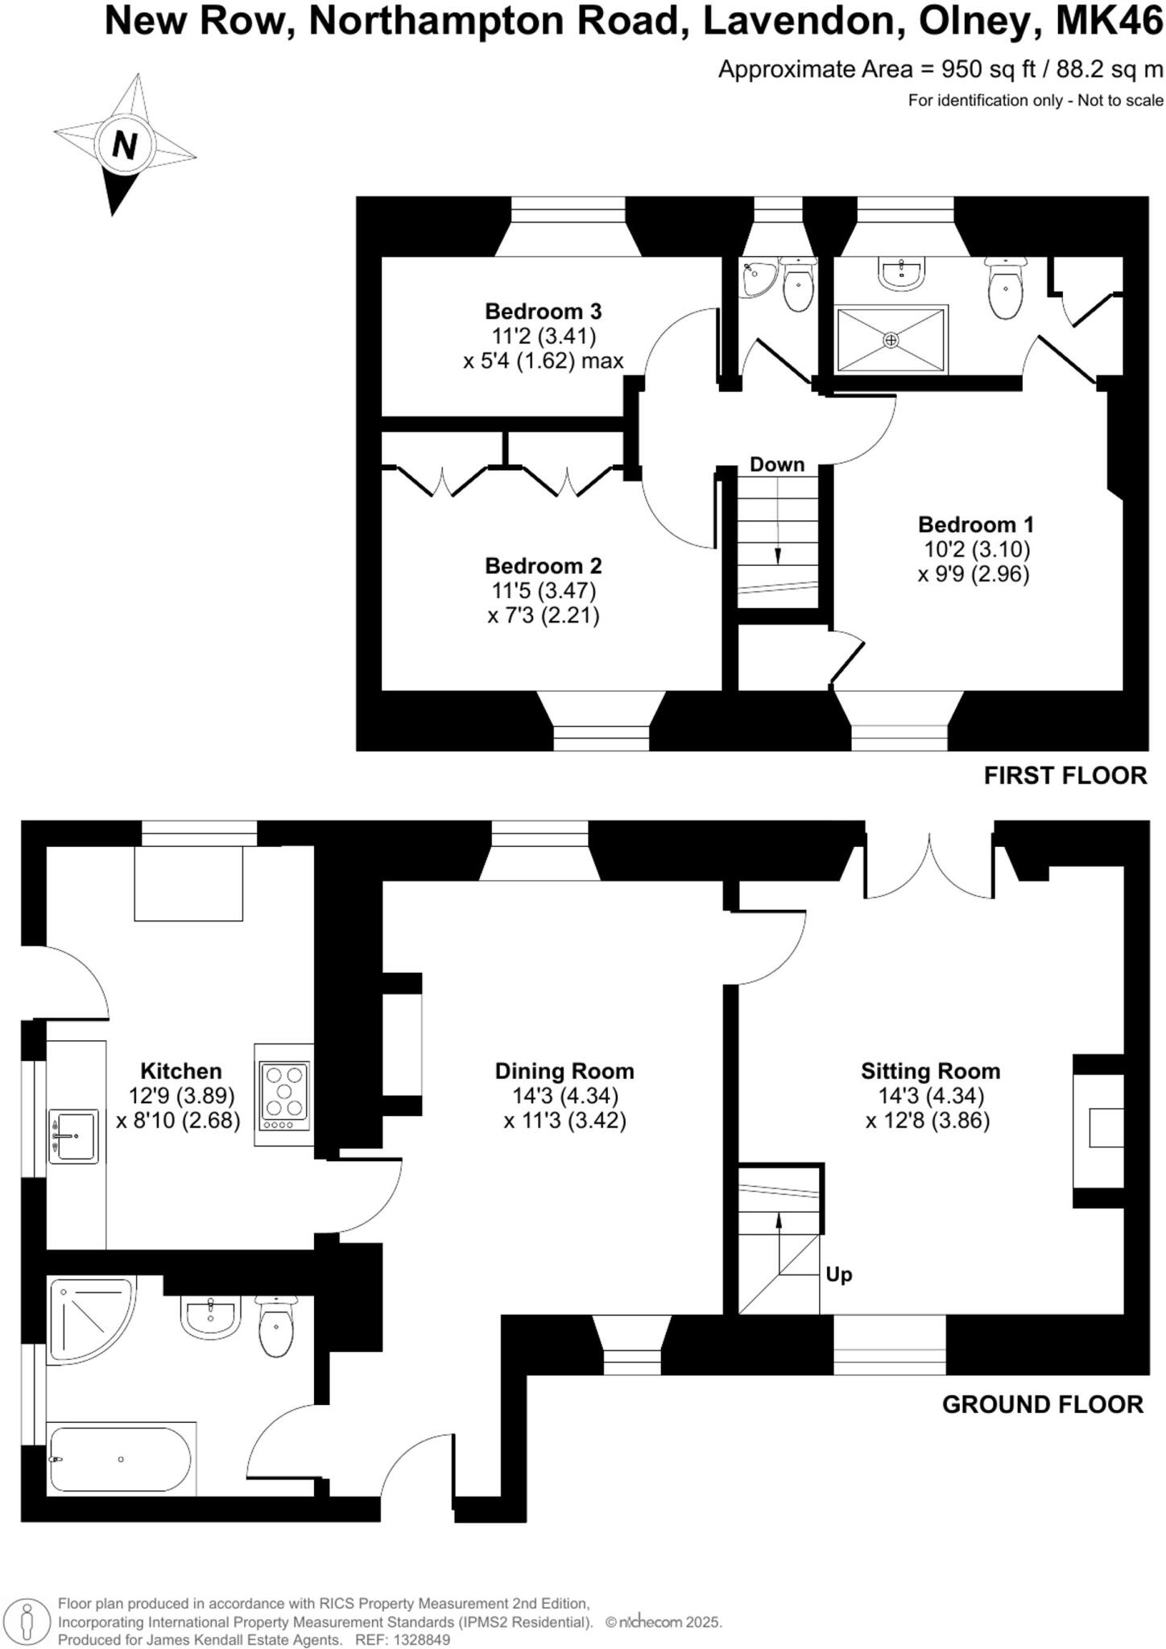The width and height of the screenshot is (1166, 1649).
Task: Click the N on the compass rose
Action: click(124, 146)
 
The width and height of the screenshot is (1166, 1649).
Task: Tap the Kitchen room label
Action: click(180, 1071)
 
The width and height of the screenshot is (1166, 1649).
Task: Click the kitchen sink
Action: click(74, 1136)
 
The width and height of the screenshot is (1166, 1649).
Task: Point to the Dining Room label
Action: click(564, 1071)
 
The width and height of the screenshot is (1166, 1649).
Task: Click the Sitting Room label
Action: click(930, 1071)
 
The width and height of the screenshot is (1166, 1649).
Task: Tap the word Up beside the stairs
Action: click(838, 1275)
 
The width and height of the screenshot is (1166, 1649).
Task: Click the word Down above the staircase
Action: click(777, 465)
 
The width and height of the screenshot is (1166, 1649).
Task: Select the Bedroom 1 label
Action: click(975, 525)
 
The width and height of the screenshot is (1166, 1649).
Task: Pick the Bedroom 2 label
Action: click(544, 566)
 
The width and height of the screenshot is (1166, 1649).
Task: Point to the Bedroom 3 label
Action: click(544, 311)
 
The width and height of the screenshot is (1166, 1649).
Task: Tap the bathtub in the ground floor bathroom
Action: click(121, 1459)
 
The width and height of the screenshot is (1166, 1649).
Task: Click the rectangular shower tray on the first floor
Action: click(891, 340)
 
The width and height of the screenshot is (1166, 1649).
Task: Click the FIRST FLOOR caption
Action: click(1065, 775)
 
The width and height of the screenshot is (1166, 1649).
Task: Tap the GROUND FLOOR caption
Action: click(1042, 1404)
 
